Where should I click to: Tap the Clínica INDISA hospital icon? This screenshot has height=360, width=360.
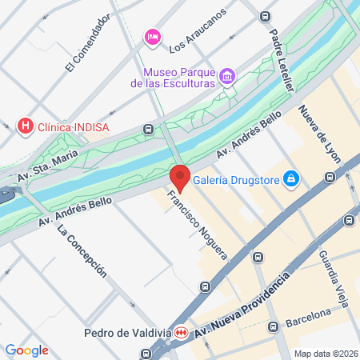pos(26,126)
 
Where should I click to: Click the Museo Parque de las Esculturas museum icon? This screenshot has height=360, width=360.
pos(228,77)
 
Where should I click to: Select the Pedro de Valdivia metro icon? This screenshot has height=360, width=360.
pos(182,333)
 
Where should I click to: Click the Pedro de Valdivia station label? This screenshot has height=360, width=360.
pos(127,333)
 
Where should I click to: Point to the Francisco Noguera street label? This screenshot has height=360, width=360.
pos(197,225)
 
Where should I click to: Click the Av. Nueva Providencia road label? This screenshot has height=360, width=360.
pos(240,303)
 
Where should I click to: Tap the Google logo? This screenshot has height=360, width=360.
pos(26,350)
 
